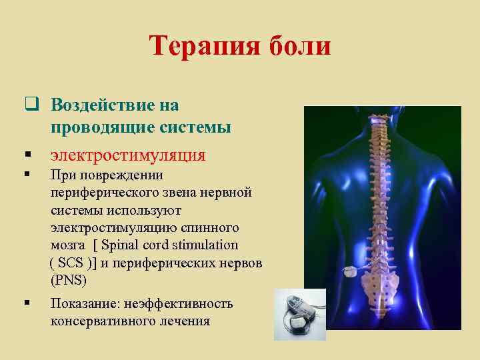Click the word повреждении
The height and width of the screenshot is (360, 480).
click(116, 175)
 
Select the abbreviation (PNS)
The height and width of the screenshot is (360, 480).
click(69, 280)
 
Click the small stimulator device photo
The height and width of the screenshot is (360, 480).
click(301, 315)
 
